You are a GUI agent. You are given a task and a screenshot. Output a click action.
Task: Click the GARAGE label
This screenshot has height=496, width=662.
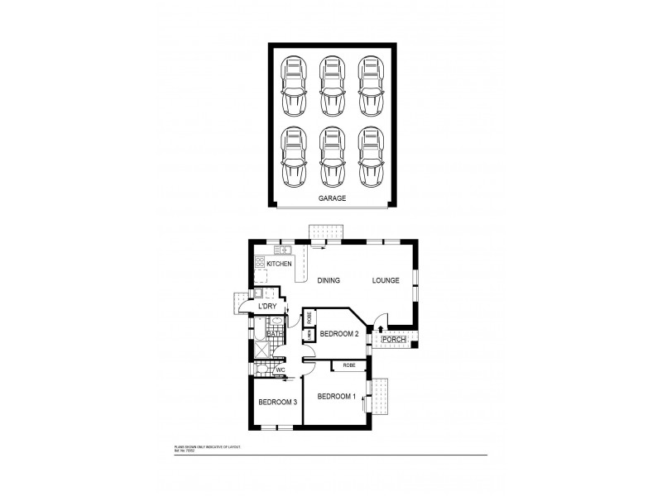pyautogui.click(x=332, y=199)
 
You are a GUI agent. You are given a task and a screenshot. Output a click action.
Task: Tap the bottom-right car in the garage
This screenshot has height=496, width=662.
pyautogui.click(x=370, y=157)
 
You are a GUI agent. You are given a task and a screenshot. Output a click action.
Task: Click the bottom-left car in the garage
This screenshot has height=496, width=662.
pyautogui.click(x=293, y=157)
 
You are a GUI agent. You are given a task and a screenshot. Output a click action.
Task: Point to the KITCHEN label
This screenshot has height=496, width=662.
pyautogui.click(x=279, y=264)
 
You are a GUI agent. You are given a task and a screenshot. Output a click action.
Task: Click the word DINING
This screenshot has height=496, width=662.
pyautogui.click(x=328, y=281)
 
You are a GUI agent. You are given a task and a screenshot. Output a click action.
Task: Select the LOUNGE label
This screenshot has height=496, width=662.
pyautogui.click(x=386, y=281)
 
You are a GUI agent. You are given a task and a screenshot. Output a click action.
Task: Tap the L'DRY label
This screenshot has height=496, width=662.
pyautogui.click(x=267, y=307)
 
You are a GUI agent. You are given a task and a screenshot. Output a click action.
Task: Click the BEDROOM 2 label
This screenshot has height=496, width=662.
pyautogui.click(x=339, y=334)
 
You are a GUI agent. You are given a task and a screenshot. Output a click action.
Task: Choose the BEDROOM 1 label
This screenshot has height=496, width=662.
pyautogui.click(x=336, y=396)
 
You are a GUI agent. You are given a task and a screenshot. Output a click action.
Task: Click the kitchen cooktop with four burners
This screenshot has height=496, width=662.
pyautogui.click(x=259, y=263)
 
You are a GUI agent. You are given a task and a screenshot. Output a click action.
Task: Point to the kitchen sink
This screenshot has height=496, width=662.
pyautogui.click(x=285, y=249)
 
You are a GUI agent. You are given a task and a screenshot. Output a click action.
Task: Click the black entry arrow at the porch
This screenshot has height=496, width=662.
pyautogui.click(x=380, y=329)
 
